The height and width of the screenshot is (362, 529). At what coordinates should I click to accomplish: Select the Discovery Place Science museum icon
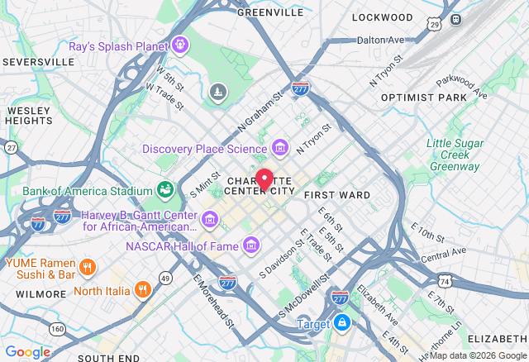click(x=280, y=148)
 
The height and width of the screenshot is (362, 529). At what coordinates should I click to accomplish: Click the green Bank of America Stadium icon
click(x=164, y=189)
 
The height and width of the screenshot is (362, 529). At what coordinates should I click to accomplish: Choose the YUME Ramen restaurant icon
click(x=89, y=268)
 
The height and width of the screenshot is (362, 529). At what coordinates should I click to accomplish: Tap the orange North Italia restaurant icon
click(x=144, y=289)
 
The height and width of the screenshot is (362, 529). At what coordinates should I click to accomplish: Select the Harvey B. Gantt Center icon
click(x=210, y=219)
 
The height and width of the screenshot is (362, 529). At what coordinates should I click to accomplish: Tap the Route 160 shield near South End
click(x=57, y=328)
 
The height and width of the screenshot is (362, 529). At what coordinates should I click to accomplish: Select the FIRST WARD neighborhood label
click(x=336, y=195)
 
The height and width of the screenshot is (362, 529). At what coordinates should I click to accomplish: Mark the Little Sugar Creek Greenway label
click(x=455, y=155)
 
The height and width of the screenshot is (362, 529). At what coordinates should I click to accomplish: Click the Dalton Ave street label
click(x=380, y=40)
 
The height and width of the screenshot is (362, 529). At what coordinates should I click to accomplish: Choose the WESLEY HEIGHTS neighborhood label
click(x=29, y=115)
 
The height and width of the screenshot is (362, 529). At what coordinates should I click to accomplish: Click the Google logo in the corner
click(x=27, y=351)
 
